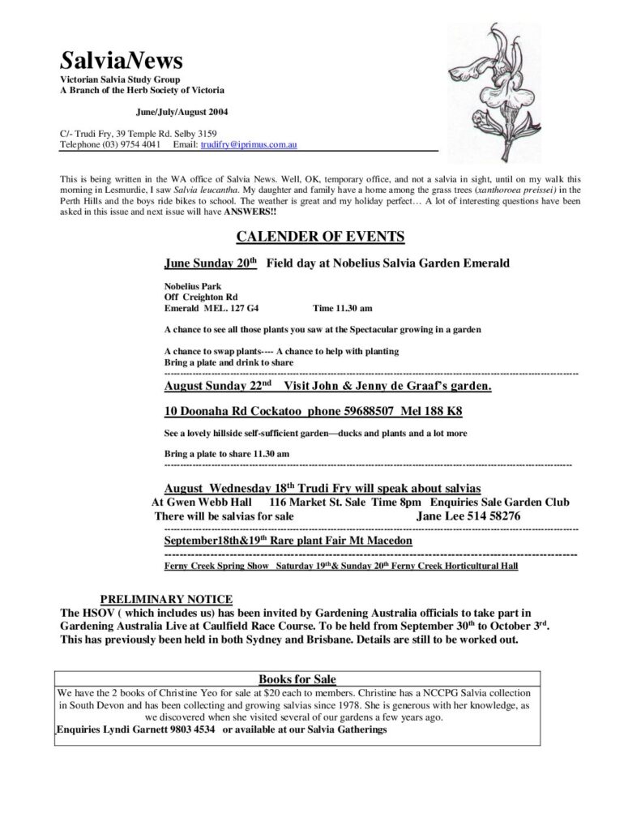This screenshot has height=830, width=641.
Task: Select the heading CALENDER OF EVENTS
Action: [320, 237]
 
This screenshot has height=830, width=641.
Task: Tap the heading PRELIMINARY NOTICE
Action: [166, 598]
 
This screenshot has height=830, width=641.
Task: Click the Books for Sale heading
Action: [297, 678]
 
